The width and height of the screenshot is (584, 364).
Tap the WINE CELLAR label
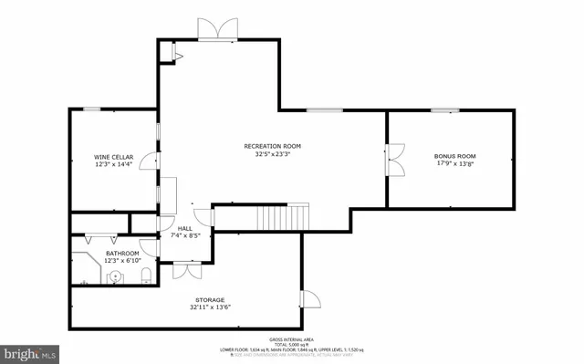114,156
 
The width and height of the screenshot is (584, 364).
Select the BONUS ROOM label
454,156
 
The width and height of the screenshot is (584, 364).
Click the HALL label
183,228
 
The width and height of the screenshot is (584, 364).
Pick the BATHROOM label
121,253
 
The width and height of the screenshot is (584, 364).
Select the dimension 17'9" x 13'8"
454,164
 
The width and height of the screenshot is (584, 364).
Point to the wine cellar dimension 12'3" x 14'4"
114,164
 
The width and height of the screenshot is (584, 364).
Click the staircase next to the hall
283,217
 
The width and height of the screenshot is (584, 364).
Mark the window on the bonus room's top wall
444,110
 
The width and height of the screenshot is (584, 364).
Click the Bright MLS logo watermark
30,351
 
